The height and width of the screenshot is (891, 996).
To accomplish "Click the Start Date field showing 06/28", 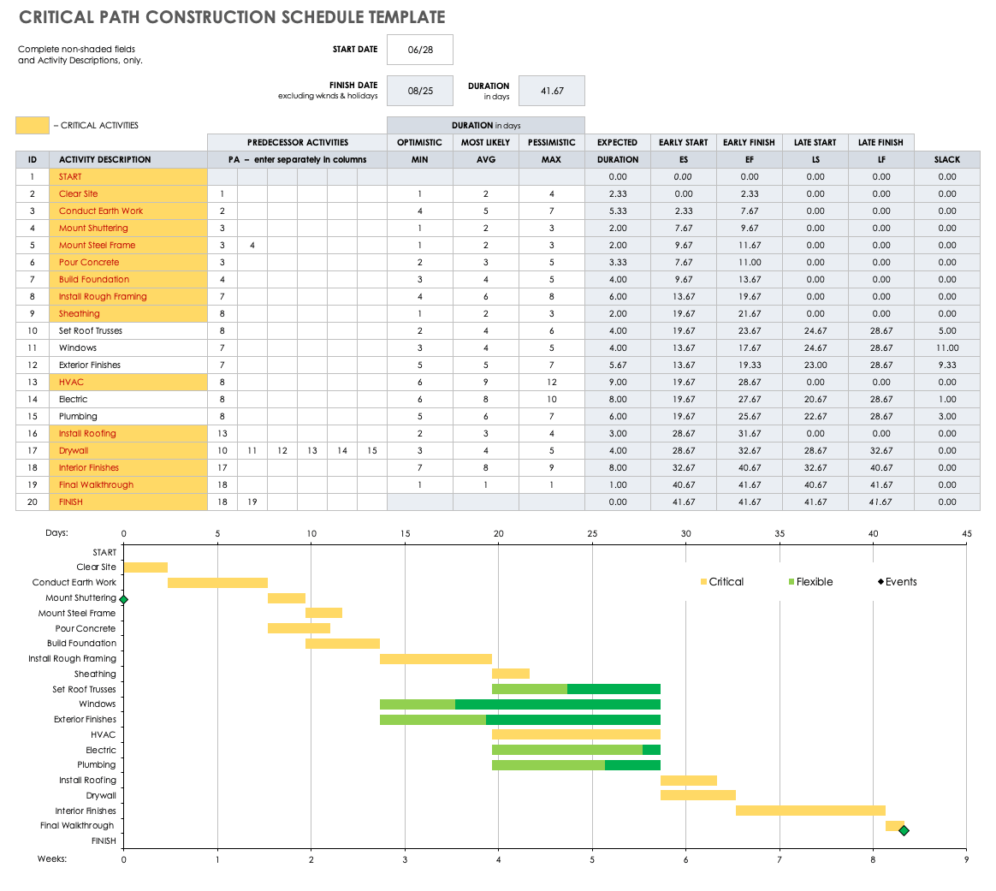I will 419,50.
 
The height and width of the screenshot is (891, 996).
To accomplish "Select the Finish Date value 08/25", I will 419,91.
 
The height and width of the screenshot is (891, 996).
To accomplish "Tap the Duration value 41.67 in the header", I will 552,91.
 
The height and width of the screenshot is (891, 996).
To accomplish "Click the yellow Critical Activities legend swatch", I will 33,125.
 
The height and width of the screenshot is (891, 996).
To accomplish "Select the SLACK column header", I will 946,159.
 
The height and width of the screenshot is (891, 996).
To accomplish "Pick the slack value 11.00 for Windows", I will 946,347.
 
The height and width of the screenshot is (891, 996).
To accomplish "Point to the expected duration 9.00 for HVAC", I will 617,382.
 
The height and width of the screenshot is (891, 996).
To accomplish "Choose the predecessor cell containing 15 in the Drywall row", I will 371,450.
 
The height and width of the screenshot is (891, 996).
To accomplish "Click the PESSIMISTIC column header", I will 551,142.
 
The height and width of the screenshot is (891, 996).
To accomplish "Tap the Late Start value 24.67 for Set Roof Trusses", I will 815,330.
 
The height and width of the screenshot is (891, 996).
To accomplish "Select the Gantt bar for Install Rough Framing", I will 436,659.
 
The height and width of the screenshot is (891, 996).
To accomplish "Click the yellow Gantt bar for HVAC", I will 576,734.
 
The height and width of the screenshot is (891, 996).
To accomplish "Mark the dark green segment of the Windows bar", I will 557,704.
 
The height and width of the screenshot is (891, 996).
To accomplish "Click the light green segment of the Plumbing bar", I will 548,765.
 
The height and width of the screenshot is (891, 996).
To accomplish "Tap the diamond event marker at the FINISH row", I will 904,830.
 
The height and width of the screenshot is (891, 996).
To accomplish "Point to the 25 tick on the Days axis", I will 592,534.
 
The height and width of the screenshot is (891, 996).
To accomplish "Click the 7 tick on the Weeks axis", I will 780,858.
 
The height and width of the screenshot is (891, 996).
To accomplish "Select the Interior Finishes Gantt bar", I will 810,811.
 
